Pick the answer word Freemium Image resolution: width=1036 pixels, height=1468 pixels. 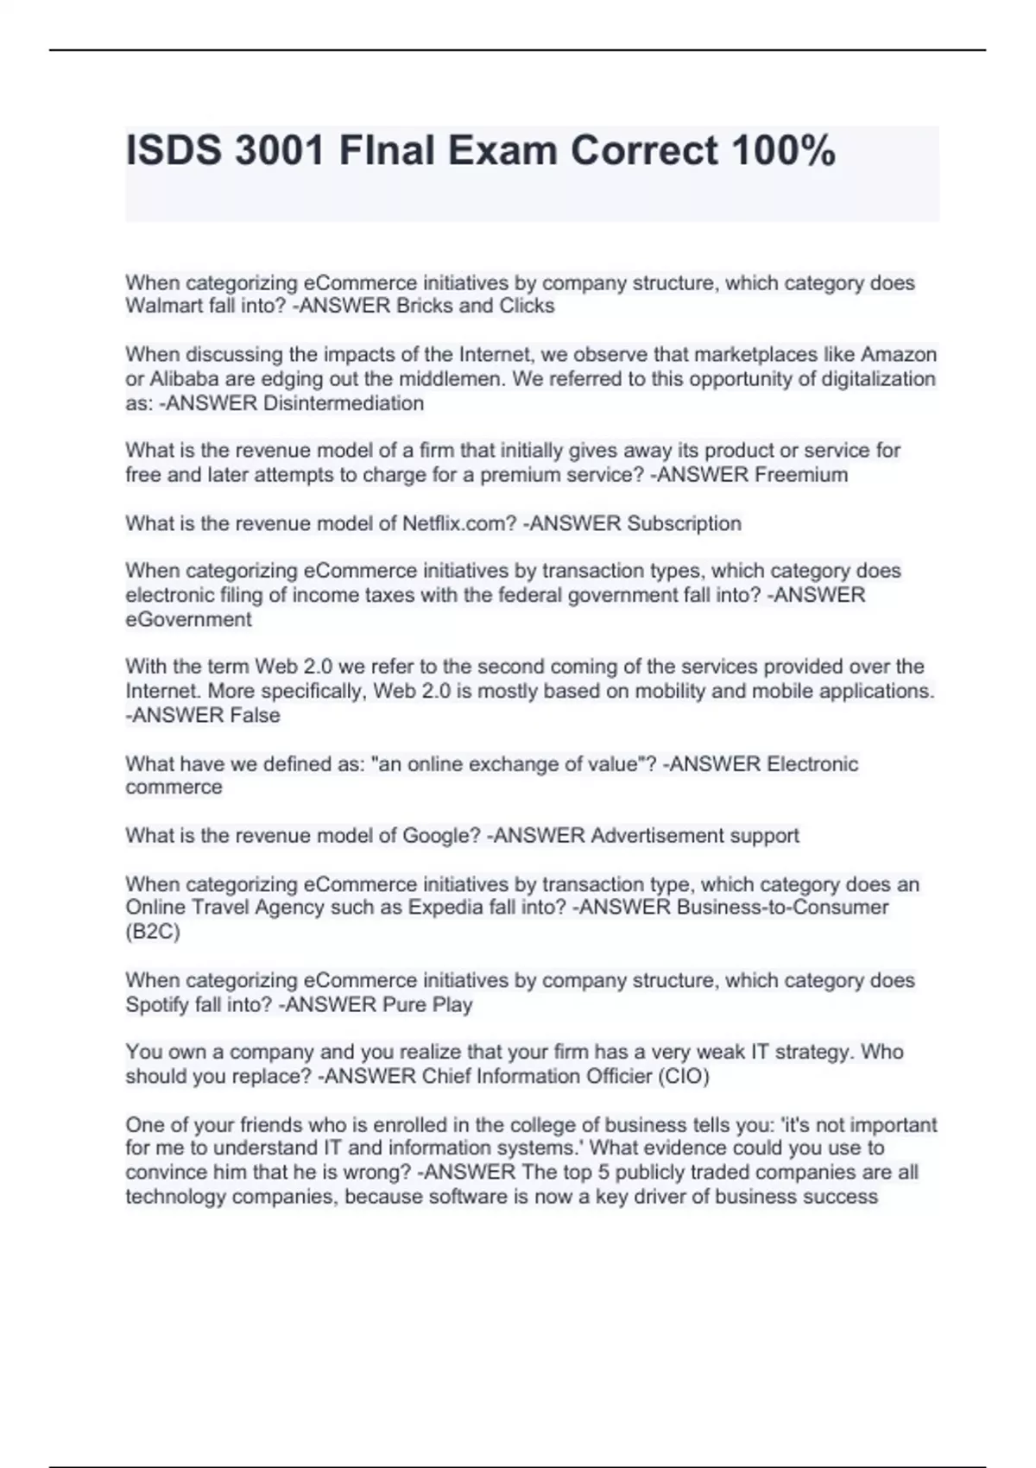(801, 475)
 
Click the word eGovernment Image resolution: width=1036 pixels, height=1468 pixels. (188, 619)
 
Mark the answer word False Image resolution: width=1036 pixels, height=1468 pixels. (255, 715)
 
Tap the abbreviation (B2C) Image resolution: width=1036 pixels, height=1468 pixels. (153, 932)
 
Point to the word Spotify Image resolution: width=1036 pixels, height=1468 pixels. (155, 1004)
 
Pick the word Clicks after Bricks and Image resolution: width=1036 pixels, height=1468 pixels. (527, 306)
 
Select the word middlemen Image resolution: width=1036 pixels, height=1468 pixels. (449, 379)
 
